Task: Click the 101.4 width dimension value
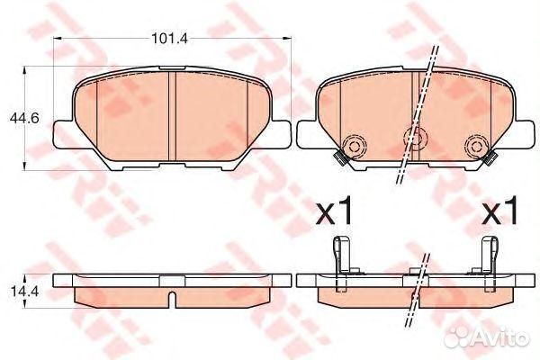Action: [170, 38]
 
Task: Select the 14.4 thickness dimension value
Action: [22, 292]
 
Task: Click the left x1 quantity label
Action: [334, 210]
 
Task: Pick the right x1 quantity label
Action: [499, 210]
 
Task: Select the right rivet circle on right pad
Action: [477, 147]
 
